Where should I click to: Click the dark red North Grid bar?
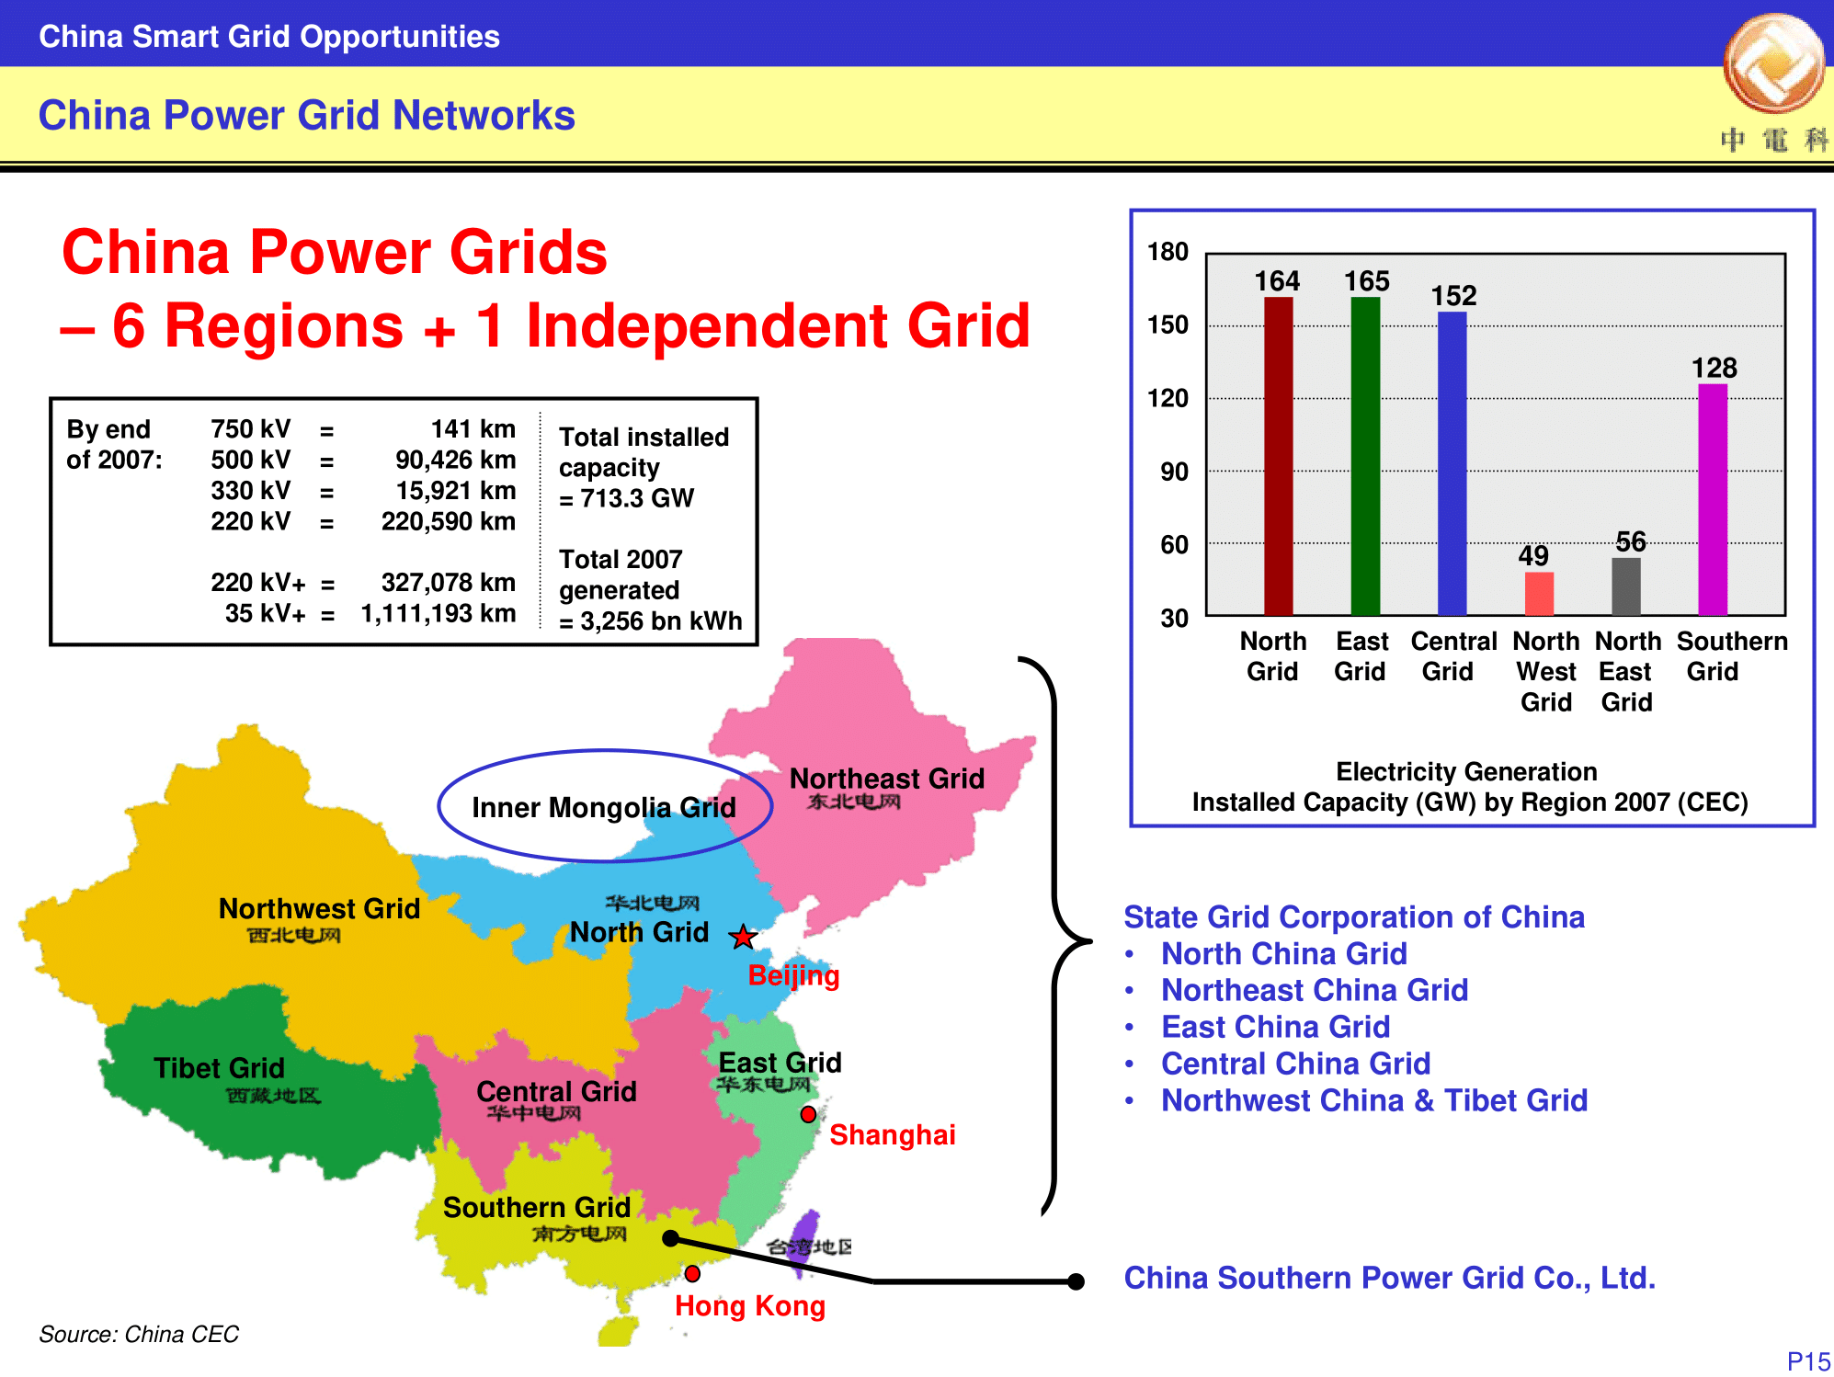[x=1278, y=456]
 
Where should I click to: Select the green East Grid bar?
[x=1365, y=456]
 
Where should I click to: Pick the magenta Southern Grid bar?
[x=1713, y=499]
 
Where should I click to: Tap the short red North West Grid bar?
[x=1539, y=594]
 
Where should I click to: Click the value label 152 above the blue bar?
[x=1453, y=295]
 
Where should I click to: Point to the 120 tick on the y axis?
[x=1168, y=398]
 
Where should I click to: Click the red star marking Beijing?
[x=743, y=937]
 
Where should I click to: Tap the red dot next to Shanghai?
[x=808, y=1114]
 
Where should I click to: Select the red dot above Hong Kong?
[x=692, y=1273]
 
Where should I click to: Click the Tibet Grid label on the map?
[x=219, y=1068]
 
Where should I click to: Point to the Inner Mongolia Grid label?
[x=604, y=807]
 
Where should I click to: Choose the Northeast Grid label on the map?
[x=887, y=779]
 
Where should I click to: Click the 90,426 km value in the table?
[x=455, y=460]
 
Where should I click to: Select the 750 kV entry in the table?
[x=250, y=429]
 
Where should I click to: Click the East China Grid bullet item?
[x=1275, y=1027]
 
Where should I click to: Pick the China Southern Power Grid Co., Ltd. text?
[x=1389, y=1278]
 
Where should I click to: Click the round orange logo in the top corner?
[x=1774, y=63]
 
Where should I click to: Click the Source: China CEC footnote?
[x=139, y=1334]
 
